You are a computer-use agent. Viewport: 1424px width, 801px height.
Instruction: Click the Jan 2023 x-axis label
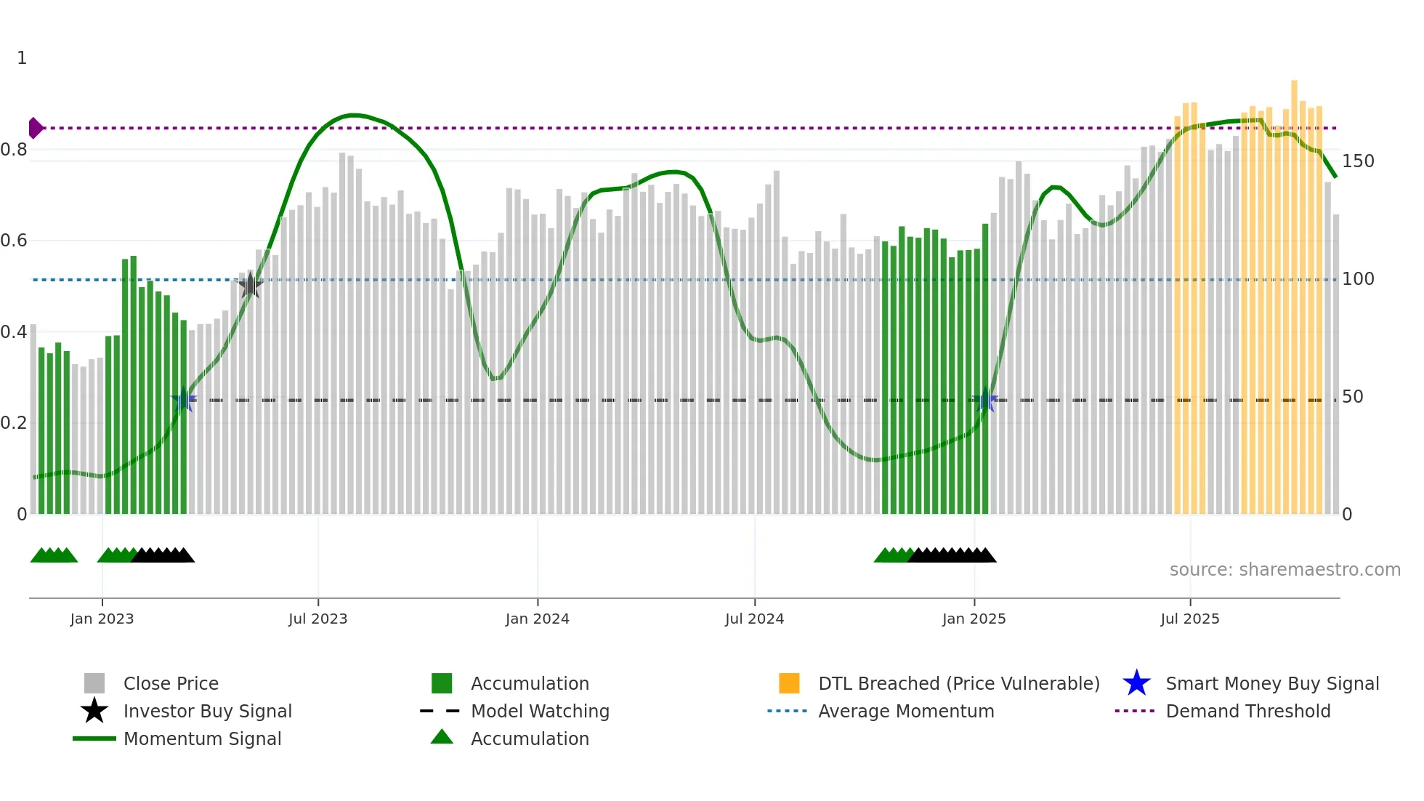click(102, 619)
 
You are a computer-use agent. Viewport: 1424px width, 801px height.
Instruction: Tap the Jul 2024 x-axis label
click(754, 619)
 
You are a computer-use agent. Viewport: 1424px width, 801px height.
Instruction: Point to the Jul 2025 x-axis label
click(1189, 619)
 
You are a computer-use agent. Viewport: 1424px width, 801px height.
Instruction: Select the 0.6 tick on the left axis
click(14, 241)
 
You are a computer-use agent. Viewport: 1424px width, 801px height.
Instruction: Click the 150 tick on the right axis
click(1357, 161)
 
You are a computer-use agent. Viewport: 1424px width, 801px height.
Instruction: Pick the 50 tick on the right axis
click(1352, 396)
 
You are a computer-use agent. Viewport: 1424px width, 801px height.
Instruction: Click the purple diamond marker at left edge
click(35, 128)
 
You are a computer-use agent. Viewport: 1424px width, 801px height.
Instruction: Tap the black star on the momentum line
click(250, 286)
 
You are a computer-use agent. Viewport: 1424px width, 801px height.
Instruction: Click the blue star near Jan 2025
click(986, 400)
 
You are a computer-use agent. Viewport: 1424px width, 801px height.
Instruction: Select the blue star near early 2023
click(184, 400)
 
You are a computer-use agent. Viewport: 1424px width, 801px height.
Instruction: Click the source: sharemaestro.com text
click(1285, 569)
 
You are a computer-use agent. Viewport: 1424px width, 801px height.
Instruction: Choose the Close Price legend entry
click(171, 683)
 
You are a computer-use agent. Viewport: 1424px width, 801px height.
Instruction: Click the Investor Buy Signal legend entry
click(207, 711)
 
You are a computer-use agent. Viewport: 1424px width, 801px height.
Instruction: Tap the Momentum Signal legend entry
click(202, 738)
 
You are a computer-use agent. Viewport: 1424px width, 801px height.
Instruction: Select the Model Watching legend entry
click(540, 711)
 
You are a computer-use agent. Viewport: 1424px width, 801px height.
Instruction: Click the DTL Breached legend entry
click(958, 683)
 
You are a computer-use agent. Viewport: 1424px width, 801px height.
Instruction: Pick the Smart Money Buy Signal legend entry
click(1271, 683)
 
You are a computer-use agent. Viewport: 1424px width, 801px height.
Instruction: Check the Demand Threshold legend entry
click(1247, 711)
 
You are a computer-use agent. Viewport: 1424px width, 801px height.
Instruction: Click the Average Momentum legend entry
click(905, 711)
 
